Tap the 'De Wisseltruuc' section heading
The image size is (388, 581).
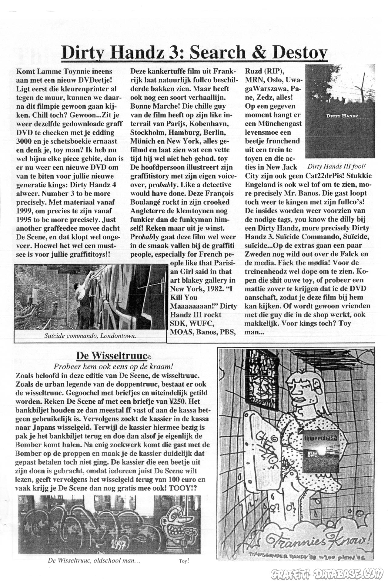(x=111, y=356)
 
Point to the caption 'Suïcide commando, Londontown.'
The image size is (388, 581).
(x=90, y=336)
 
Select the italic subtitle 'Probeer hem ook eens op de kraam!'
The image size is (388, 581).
(x=113, y=366)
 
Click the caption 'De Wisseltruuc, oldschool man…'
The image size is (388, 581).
(x=94, y=560)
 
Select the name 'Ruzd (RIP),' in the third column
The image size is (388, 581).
(x=265, y=71)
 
